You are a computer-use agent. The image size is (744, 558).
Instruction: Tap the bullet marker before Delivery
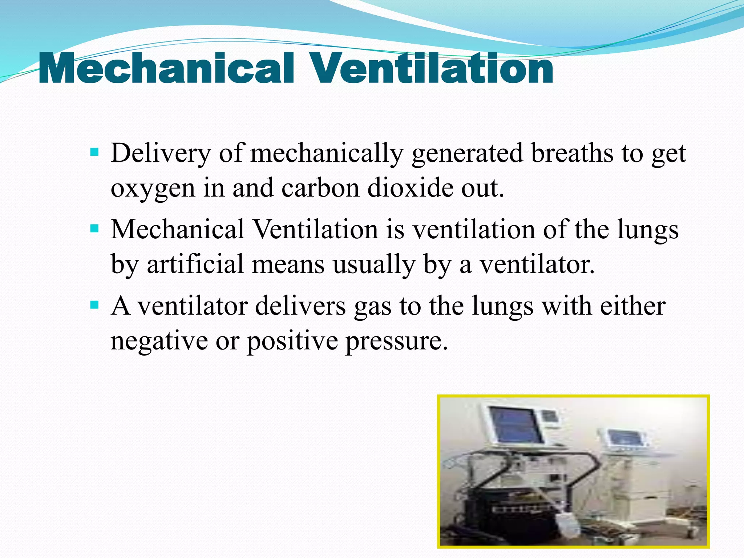[94, 151]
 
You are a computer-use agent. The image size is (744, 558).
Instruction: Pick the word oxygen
[153, 189]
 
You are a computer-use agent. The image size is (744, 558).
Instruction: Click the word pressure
[396, 342]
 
